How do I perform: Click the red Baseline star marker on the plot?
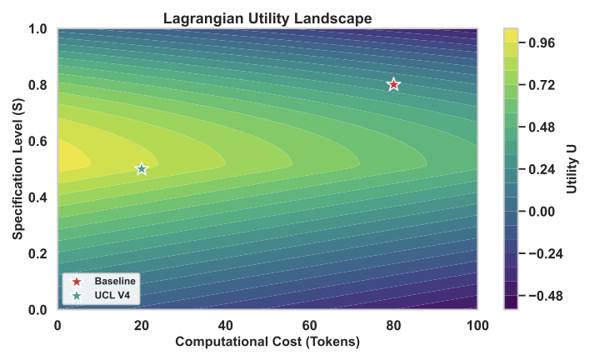coord(393,84)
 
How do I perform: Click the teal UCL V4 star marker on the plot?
coord(142,168)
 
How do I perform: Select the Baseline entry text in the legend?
coord(115,280)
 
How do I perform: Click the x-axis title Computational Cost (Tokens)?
coord(267,342)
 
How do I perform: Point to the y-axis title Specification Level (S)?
coord(17,169)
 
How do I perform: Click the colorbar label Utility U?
coord(572,169)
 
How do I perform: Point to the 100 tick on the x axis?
coord(477,323)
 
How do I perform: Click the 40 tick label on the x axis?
coord(225,323)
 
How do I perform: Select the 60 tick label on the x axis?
coord(309,323)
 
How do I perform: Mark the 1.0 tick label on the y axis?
coord(37,29)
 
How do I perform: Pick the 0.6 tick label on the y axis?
coord(37,142)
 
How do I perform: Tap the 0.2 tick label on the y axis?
coord(37,254)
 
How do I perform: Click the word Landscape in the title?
coord(340,17)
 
